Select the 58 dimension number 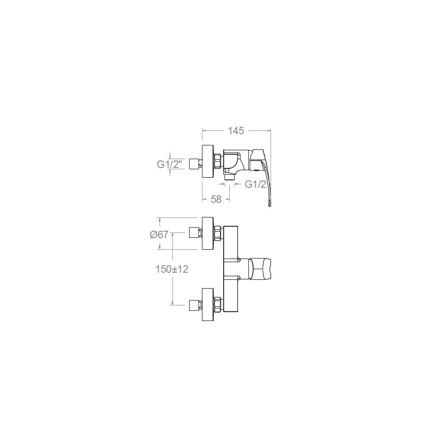point(216,199)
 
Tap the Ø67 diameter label point(159,235)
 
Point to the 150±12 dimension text point(172,269)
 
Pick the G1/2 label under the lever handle point(255,184)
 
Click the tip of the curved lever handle point(270,207)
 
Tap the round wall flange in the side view point(208,161)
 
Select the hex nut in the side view point(217,161)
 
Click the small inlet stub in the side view point(194,164)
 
